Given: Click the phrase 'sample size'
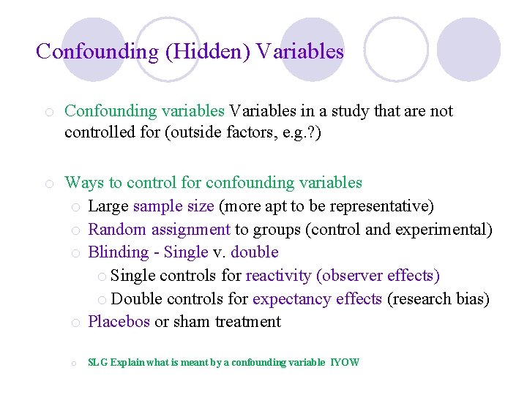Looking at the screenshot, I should click(x=173, y=206).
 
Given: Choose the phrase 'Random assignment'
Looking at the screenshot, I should click(x=159, y=229).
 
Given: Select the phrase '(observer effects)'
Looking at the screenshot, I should click(x=378, y=276).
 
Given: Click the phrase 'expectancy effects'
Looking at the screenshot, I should click(x=317, y=299).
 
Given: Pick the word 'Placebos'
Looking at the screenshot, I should click(x=119, y=322).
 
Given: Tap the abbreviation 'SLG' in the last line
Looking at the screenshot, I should click(x=97, y=362).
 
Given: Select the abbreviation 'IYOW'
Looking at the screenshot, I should click(x=345, y=362).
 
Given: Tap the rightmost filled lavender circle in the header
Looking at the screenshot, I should click(x=468, y=49).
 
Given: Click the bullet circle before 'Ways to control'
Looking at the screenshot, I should click(x=48, y=183).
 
